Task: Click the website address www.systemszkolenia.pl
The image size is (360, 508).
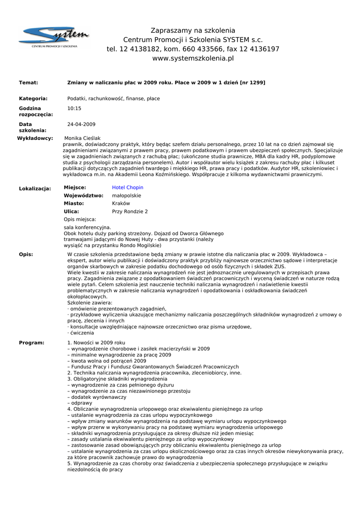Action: [x=193, y=59]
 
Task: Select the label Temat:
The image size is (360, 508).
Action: [x=28, y=82]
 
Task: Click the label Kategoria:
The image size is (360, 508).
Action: [x=33, y=99]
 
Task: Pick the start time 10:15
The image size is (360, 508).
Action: [x=74, y=108]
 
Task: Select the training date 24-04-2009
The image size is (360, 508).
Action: [x=81, y=125]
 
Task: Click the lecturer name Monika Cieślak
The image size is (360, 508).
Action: [x=82, y=138]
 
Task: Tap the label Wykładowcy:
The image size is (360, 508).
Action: [x=35, y=138]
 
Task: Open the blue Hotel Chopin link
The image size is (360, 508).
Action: [x=128, y=188]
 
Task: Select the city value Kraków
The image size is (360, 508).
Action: [x=121, y=203]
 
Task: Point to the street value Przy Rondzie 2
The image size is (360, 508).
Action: [x=130, y=211]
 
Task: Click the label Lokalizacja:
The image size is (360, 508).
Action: [x=35, y=189]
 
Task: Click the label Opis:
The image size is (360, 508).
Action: [x=26, y=254]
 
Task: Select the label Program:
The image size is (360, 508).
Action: [x=31, y=343]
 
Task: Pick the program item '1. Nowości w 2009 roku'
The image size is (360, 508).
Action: [x=96, y=343]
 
